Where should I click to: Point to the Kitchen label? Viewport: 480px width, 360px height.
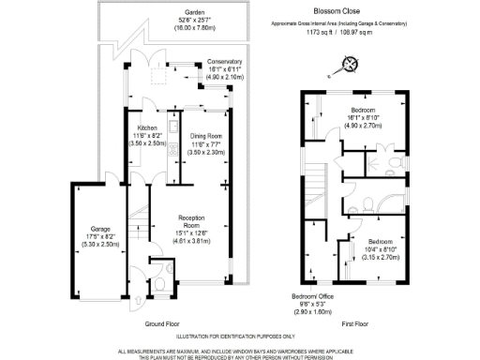[147, 127]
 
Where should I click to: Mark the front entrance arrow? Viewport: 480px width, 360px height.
[138, 300]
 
